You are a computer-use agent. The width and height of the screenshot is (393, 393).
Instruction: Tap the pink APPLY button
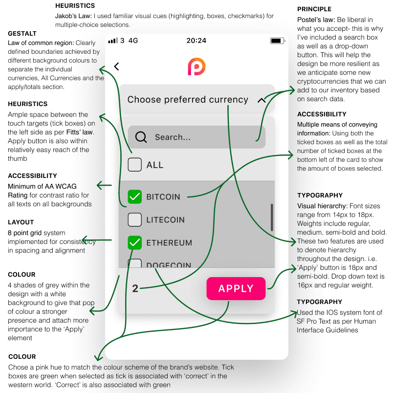coord(236,288)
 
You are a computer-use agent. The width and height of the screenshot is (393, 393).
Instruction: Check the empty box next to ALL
coord(134,165)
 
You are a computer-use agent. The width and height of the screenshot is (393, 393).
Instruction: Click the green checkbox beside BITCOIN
coord(134,197)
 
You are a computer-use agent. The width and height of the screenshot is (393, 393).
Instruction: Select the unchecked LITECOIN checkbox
coord(134,219)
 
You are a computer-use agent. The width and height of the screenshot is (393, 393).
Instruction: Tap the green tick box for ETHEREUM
coord(134,242)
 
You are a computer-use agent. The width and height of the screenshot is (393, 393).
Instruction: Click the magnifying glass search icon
coord(141,137)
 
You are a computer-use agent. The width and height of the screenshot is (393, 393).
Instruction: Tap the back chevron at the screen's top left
coord(116,66)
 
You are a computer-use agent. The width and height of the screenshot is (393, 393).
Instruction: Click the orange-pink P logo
coord(196,66)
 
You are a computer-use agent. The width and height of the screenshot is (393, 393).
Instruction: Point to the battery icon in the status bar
coord(278,41)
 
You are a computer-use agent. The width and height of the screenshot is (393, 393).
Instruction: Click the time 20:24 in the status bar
coord(196,41)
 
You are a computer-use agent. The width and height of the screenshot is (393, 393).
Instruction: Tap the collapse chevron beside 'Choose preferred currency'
coord(262,100)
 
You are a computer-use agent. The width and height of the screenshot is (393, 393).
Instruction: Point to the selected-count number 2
coord(135,288)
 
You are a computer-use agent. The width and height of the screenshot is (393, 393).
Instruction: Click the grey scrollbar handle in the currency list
coord(272,218)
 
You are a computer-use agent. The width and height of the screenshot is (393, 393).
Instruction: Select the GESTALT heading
coord(22,34)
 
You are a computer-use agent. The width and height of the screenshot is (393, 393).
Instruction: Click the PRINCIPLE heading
coord(314,9)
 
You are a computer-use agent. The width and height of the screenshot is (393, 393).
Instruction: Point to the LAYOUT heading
coord(21,222)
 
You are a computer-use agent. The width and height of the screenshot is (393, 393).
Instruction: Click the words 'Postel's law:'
coord(316,20)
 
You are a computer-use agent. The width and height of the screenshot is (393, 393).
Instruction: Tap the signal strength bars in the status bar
coord(113,41)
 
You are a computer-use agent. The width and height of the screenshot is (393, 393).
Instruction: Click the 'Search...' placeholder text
coord(173,137)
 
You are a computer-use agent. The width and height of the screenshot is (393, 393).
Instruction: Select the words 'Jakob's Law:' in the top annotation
coord(73,16)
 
